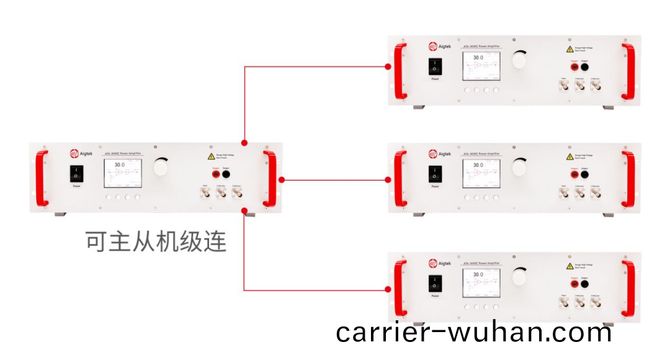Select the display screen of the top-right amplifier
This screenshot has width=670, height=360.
(x=480, y=66)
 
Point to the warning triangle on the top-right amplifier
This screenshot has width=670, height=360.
(x=569, y=49)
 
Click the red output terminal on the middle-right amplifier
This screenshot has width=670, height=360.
(x=574, y=175)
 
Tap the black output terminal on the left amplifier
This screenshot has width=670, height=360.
(x=226, y=175)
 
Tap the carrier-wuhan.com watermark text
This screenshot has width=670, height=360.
(x=474, y=333)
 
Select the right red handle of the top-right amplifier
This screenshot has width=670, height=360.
(x=628, y=71)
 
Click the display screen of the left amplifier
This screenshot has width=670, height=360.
(x=122, y=173)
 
